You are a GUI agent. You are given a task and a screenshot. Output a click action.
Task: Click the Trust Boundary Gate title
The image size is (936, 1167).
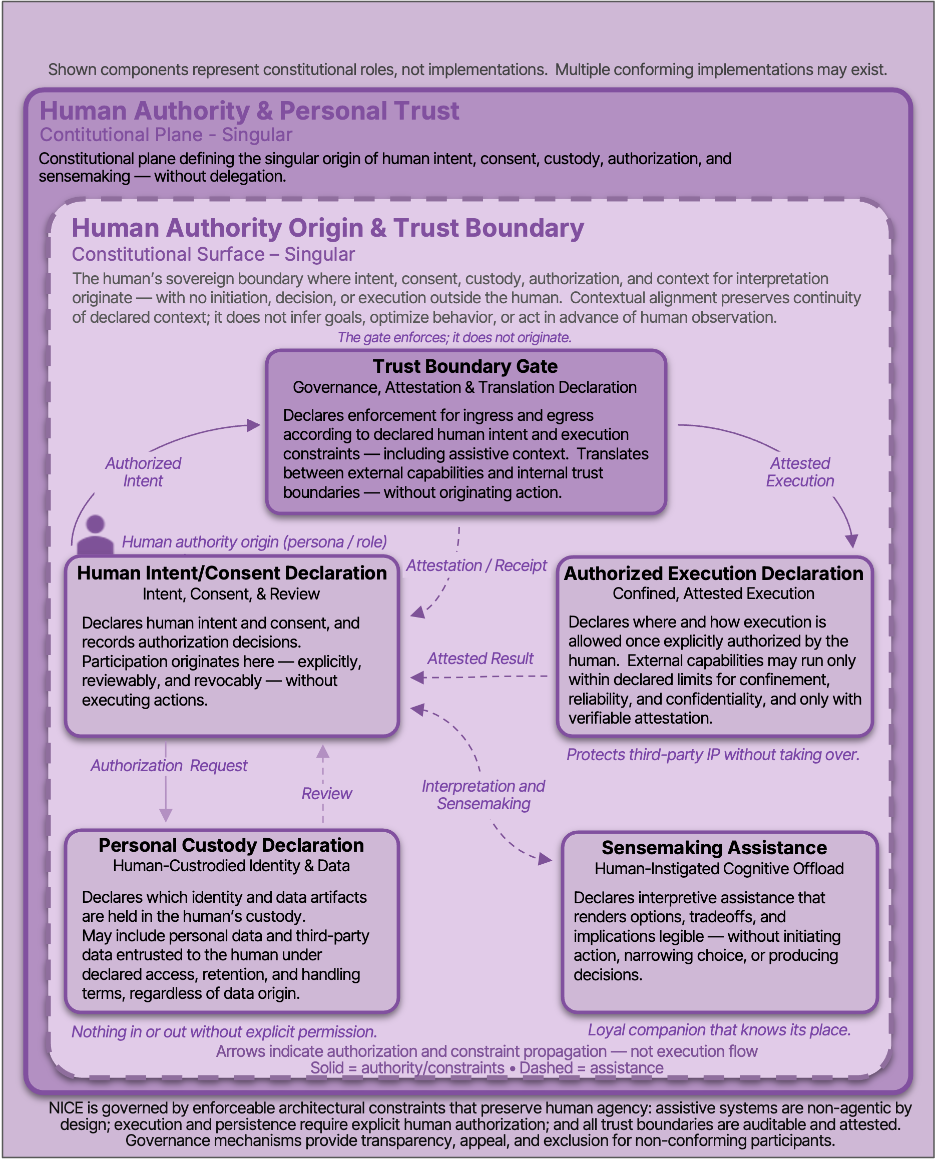[464, 366]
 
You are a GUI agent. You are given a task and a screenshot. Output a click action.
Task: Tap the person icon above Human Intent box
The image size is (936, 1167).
[95, 535]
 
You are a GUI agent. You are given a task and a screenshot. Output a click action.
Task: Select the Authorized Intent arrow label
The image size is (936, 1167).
[143, 472]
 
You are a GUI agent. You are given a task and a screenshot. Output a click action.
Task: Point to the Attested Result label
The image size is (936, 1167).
[480, 659]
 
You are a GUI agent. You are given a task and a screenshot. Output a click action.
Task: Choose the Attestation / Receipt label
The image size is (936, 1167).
[477, 565]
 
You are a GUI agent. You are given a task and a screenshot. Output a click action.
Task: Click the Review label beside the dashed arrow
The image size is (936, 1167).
[326, 794]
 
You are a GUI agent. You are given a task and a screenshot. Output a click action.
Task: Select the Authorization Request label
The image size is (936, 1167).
[169, 765]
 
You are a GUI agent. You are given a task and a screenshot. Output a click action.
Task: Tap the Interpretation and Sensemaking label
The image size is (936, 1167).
[483, 795]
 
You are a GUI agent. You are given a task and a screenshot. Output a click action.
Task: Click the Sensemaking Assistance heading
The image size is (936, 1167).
[714, 848]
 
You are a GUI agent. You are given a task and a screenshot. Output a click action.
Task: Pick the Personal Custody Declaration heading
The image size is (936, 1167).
[231, 846]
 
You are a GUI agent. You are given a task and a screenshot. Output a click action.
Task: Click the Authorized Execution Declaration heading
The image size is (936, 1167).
[713, 574]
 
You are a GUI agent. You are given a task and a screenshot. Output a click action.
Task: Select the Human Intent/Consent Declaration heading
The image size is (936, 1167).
[232, 573]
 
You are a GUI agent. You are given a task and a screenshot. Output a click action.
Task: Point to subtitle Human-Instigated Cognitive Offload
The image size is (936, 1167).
[719, 869]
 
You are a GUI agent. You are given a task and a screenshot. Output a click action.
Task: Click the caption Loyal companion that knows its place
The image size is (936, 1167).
[719, 1029]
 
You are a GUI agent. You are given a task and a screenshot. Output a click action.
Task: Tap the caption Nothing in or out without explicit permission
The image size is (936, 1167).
[224, 1032]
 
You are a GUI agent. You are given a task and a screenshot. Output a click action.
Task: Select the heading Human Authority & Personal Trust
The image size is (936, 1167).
[249, 111]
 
